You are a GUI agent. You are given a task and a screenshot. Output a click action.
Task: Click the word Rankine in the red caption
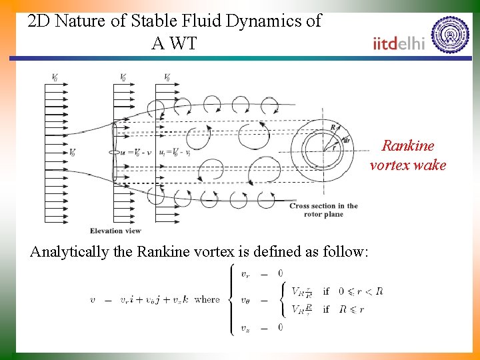407,145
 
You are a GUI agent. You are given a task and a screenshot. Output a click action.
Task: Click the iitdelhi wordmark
399,44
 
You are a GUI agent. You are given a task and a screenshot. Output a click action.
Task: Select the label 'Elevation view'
115,231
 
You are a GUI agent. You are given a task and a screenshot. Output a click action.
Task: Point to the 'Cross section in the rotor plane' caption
323,209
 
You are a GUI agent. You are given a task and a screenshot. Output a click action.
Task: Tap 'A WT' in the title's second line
174,44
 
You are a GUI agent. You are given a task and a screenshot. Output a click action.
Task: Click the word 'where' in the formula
207,299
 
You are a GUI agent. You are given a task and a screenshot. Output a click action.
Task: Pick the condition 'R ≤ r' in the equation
351,309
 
